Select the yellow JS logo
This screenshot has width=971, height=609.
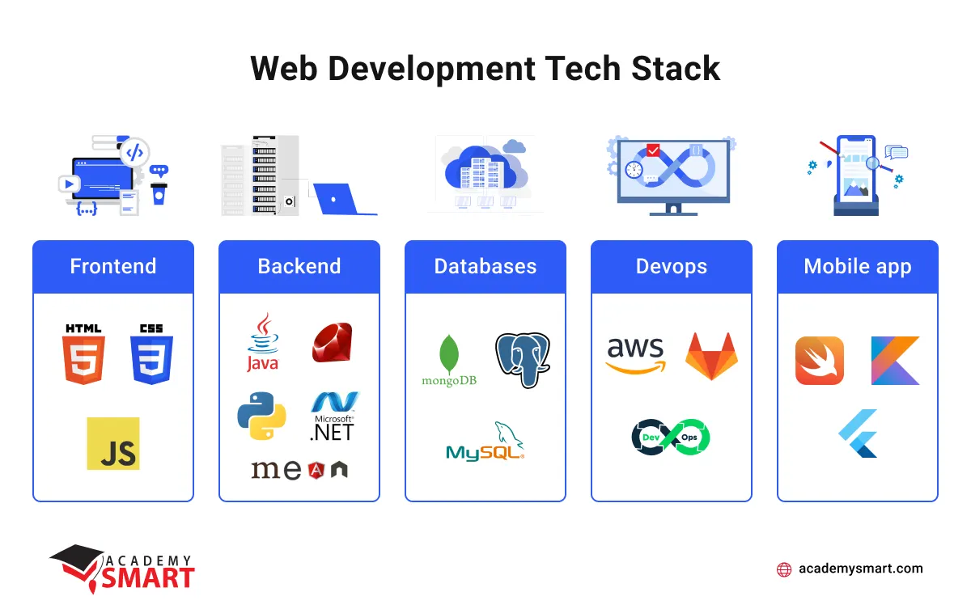tap(113, 443)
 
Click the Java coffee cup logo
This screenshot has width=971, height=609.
tap(262, 343)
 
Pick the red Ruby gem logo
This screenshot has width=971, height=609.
tap(332, 342)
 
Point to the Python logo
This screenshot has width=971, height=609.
tap(261, 415)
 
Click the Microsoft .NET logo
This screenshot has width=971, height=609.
tap(333, 416)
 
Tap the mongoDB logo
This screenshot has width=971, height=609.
tap(449, 361)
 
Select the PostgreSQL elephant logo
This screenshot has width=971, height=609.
tap(522, 359)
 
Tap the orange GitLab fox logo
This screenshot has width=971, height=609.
tap(711, 356)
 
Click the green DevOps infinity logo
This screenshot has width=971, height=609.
tap(671, 437)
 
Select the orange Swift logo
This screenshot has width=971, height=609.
tap(820, 361)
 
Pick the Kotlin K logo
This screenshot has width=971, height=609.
tap(895, 361)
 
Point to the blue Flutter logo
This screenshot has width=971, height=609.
tap(859, 433)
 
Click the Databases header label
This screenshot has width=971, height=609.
tap(485, 267)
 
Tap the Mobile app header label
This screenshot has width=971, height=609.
tap(858, 267)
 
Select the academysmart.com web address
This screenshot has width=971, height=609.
tap(860, 569)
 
